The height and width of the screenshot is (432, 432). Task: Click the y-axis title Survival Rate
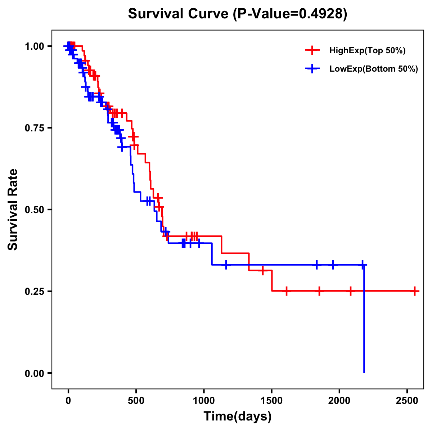point(13,210)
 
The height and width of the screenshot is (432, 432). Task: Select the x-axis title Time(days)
point(238,417)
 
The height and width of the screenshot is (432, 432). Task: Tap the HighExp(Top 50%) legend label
point(367,51)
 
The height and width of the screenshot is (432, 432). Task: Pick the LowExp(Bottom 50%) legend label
point(373,69)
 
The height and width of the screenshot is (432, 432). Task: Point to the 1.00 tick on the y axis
point(34,46)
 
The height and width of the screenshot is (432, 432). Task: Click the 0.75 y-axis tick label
point(34,128)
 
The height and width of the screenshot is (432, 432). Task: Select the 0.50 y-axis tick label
point(34,210)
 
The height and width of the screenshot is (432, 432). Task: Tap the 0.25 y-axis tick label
point(34,291)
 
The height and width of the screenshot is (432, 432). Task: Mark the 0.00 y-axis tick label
point(34,373)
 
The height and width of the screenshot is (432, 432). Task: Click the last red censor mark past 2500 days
point(415,291)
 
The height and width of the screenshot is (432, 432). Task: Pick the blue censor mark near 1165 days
point(226,265)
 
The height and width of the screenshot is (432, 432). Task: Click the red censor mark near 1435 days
point(263,270)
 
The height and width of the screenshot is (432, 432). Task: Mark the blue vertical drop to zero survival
point(364,324)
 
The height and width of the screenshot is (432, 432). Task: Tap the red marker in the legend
point(312,51)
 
